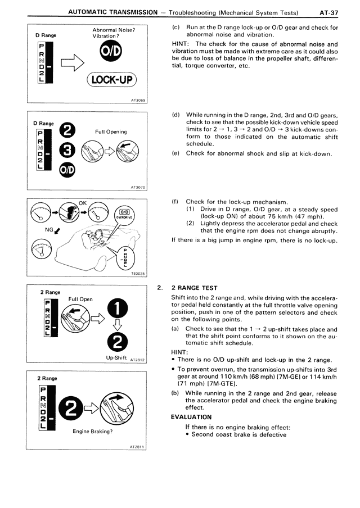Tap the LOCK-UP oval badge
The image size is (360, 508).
click(112, 80)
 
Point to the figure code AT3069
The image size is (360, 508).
click(138, 101)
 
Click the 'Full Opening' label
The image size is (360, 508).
click(111, 132)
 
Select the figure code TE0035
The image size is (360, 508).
click(138, 274)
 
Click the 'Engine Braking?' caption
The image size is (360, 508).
click(93, 432)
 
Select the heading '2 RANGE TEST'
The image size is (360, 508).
click(194, 288)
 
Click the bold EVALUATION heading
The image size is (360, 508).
click(191, 417)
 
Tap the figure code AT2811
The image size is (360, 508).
click(138, 447)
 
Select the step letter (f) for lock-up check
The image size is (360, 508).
click(175, 202)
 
